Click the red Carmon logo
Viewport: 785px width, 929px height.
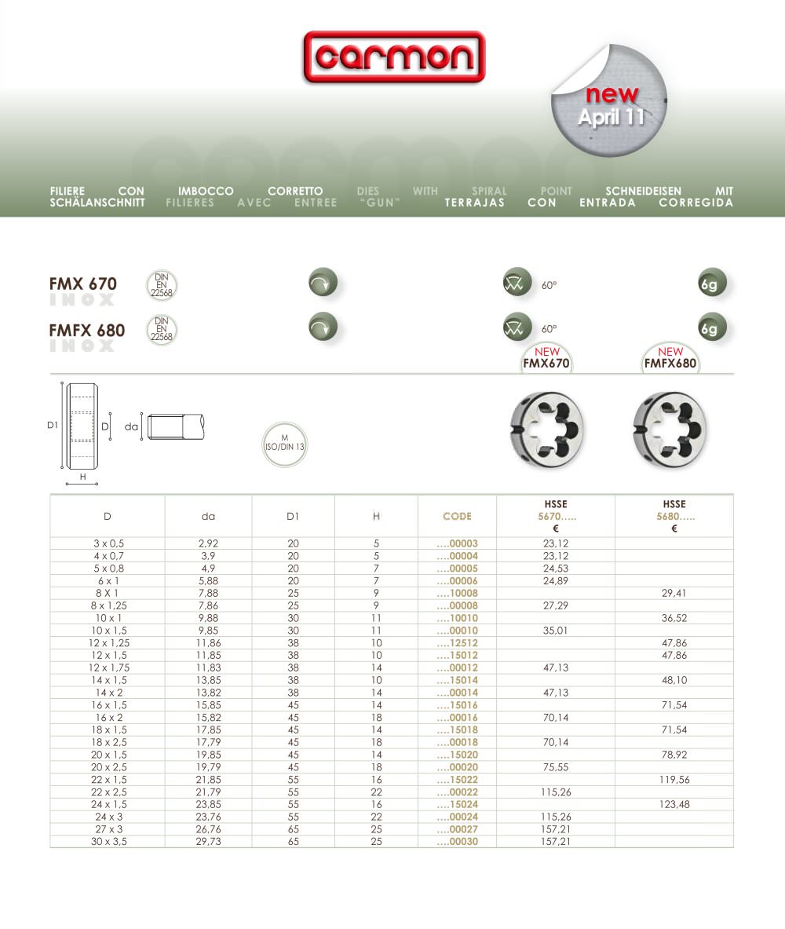tap(394, 57)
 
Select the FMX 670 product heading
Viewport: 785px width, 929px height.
tap(83, 283)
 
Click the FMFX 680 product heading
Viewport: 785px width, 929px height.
tap(87, 330)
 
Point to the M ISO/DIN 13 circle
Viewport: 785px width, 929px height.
tap(284, 444)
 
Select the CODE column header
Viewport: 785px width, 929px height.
tap(457, 516)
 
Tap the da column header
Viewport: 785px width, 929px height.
tap(208, 516)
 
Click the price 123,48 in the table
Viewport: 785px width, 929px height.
tap(674, 804)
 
